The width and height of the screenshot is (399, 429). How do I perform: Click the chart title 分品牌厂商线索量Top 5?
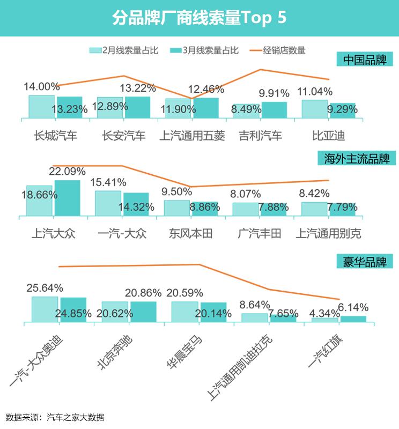point(199,18)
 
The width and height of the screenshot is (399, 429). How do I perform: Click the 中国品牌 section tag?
point(365,59)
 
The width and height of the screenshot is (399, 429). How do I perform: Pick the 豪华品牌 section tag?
point(365,262)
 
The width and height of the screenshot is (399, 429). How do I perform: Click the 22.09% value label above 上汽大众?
point(67,172)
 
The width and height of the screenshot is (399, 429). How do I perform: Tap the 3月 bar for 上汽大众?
point(67,198)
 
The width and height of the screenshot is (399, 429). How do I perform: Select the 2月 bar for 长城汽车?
point(42,107)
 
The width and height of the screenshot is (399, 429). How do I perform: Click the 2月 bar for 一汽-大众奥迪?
point(45,309)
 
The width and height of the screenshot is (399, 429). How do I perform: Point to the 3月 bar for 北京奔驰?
point(143,312)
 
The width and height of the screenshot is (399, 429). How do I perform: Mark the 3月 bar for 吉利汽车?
point(274,110)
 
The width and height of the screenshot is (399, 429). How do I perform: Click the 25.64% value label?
point(45,288)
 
